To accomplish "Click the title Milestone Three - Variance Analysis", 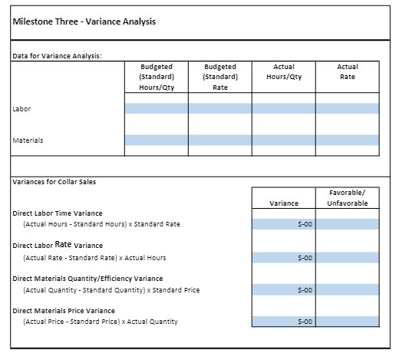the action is tap(84, 21).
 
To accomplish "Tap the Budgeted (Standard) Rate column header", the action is tap(219, 77).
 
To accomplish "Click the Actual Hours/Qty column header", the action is tap(283, 71).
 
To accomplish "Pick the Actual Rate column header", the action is tap(347, 71).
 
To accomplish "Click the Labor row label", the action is tap(21, 108).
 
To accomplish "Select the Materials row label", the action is tap(28, 140).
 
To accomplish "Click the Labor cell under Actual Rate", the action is tap(347, 108).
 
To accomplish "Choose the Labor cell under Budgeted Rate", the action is tap(219, 108).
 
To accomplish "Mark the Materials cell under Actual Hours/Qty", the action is tap(283, 140).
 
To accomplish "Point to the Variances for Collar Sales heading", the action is tap(53, 181).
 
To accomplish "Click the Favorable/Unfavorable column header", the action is tap(347, 197).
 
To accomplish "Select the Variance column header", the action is tap(283, 203).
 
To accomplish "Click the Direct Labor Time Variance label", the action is tap(58, 213).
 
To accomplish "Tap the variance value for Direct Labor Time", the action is tap(283, 224).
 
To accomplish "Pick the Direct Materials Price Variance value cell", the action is tap(283, 322).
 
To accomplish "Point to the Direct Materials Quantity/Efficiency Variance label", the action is tap(87, 278).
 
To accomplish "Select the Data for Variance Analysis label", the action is tap(58, 55).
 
